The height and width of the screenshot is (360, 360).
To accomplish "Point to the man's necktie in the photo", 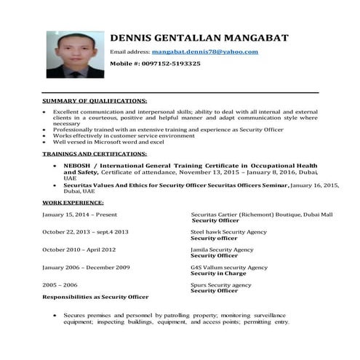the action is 75,72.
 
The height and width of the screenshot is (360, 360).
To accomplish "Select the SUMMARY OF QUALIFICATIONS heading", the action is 95,100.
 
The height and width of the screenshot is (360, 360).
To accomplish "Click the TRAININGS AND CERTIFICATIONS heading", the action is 95,155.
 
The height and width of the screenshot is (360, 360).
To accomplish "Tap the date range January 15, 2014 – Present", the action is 79,215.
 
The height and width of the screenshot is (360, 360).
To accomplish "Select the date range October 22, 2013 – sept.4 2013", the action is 85,232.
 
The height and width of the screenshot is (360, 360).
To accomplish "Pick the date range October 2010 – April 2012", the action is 79,249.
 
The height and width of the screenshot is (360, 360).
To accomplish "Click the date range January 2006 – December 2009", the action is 86,268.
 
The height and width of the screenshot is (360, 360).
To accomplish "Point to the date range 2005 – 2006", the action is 60,285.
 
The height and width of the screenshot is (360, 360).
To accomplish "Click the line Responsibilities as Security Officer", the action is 95,297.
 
